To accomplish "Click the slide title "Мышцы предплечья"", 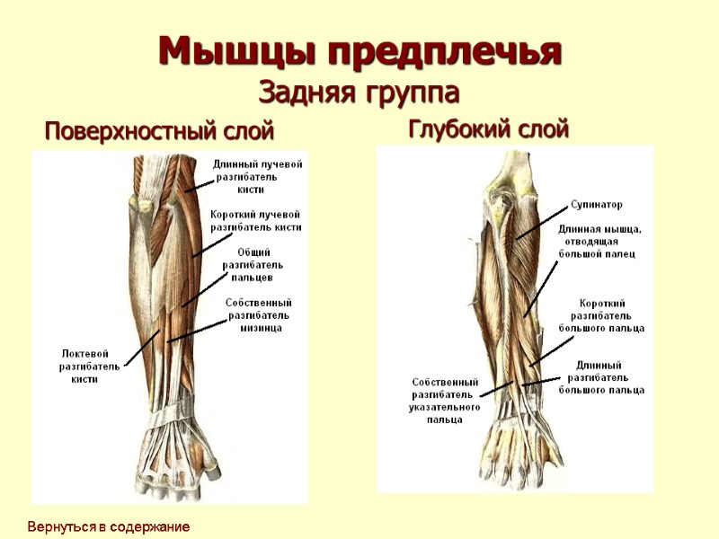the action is tap(359, 51).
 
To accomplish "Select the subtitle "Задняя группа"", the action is tap(359, 92).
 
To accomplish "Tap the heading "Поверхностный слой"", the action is tap(159, 133).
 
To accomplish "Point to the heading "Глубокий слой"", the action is tap(489, 129).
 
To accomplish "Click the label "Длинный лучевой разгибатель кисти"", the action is tap(257, 177).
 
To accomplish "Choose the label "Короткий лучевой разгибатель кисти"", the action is tap(255, 221).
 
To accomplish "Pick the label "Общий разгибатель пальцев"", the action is tap(253, 265).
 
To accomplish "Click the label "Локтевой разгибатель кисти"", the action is tap(89, 366).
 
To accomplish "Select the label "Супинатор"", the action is tap(596, 205).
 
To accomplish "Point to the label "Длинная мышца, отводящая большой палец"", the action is tap(599, 241).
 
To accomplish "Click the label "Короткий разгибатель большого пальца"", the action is tap(601, 315).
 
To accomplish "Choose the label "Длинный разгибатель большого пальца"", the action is tap(601, 377).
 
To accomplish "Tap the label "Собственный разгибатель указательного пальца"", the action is tap(446, 401).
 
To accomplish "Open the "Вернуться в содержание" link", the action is tap(108, 526).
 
